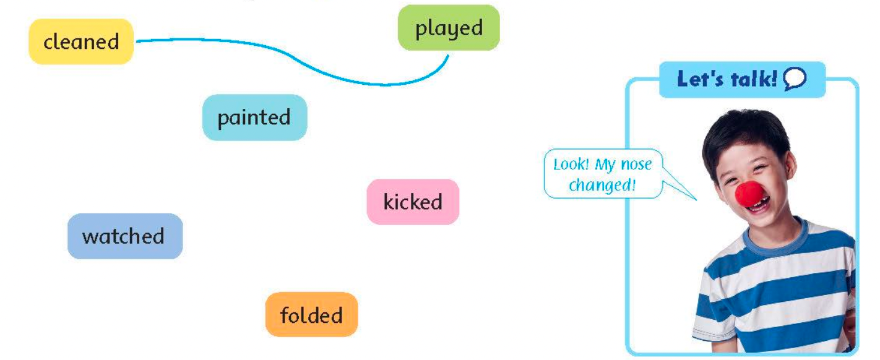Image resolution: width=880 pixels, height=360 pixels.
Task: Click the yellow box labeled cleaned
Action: (x=81, y=41)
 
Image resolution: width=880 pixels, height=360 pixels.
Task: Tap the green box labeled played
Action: (x=449, y=28)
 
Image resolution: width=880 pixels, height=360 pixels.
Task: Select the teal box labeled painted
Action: (x=254, y=118)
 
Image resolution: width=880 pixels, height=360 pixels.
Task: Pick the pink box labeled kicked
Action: (x=413, y=202)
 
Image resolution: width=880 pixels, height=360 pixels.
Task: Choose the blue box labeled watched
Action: (x=124, y=236)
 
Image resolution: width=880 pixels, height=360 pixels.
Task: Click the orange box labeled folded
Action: (x=311, y=315)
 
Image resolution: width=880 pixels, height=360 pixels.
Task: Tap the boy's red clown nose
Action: (x=749, y=194)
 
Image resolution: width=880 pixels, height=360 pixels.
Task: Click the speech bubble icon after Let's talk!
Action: (x=795, y=80)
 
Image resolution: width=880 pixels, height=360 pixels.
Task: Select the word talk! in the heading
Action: (x=753, y=79)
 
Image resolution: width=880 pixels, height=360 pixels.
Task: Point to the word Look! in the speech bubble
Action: (x=571, y=165)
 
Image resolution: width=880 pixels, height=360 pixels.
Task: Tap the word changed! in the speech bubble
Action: (x=602, y=184)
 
